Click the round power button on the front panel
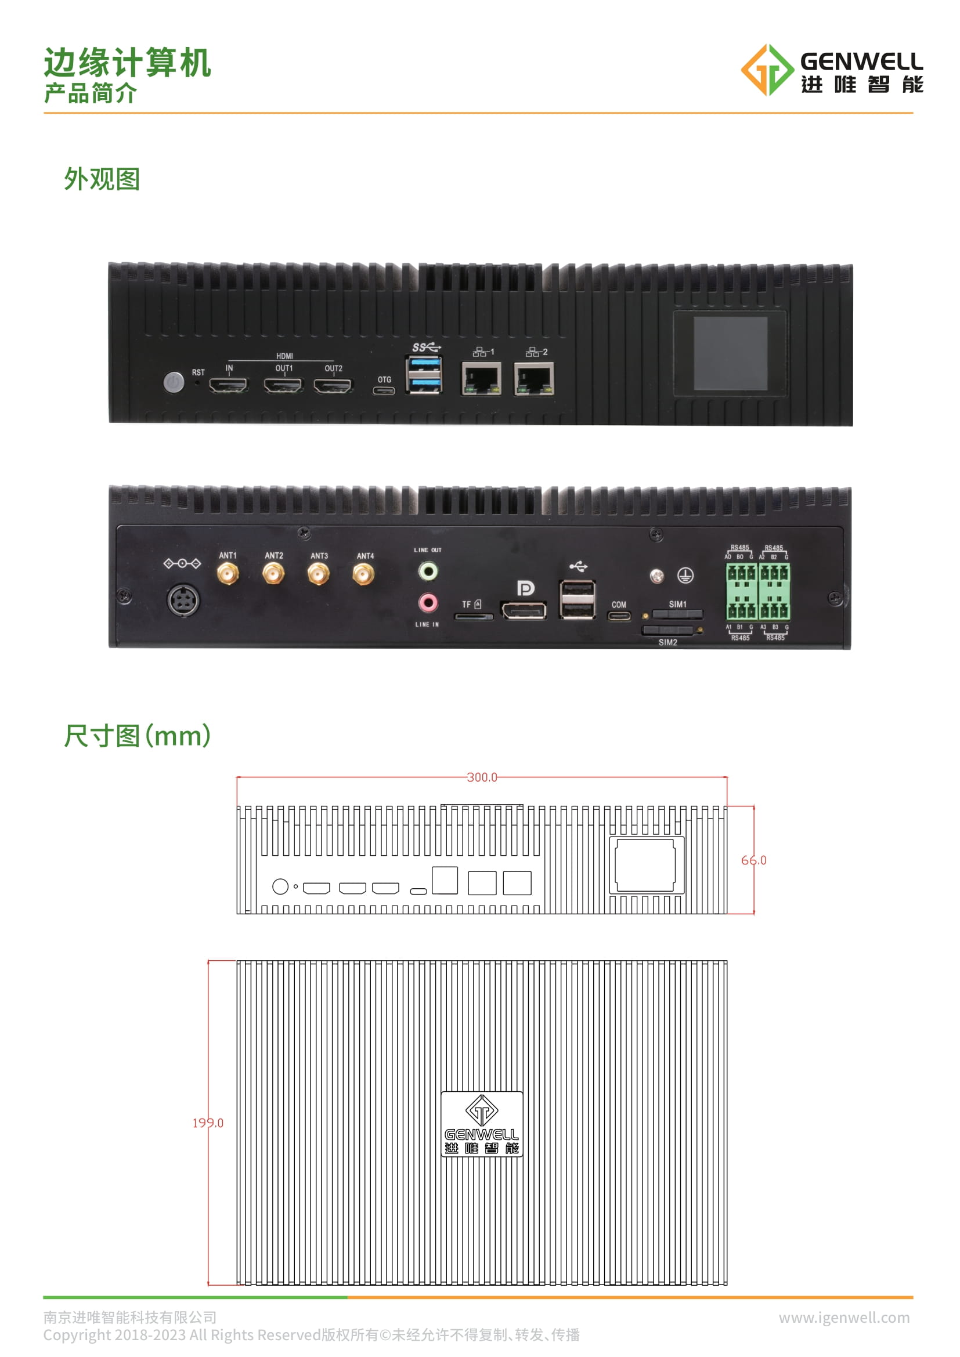point(174,382)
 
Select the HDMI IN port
point(229,386)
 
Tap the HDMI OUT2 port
point(333,386)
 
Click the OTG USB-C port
point(384,390)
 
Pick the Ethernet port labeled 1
point(481,379)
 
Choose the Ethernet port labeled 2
point(534,379)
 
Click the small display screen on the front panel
point(730,353)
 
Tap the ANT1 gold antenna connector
point(228,573)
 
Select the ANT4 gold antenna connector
point(363,574)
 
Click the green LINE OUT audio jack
point(428,571)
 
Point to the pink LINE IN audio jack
point(428,603)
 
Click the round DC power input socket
point(183,600)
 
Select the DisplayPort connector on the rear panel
point(524,610)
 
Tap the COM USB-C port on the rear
point(619,616)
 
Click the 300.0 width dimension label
point(482,777)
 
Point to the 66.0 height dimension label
point(754,860)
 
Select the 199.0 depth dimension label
point(208,1123)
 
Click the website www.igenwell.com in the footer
point(843,1318)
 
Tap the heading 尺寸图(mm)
point(137,736)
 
